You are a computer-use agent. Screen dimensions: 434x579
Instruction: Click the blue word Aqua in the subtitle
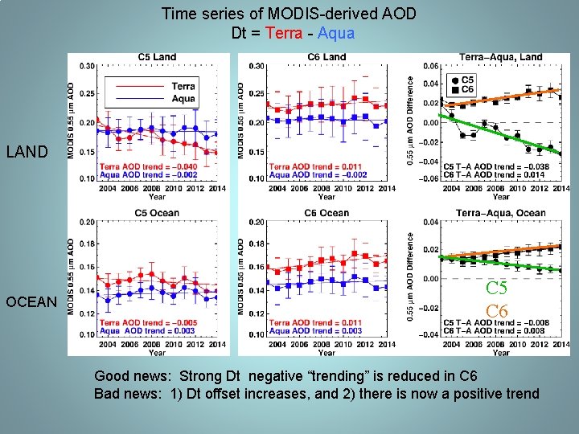point(336,34)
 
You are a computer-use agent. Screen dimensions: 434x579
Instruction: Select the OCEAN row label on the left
point(32,302)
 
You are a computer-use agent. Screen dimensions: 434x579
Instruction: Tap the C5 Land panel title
point(157,57)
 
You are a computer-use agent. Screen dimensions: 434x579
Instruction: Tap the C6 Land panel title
point(326,57)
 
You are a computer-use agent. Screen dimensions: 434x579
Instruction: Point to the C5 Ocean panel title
point(157,213)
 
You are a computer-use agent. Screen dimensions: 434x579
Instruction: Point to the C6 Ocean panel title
point(326,213)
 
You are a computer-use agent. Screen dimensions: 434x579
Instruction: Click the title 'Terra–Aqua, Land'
point(500,57)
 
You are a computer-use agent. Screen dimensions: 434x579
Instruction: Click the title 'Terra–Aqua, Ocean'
point(500,213)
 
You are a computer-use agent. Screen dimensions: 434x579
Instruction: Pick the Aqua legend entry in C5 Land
point(183,99)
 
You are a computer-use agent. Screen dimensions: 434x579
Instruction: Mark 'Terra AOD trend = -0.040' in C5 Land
point(147,166)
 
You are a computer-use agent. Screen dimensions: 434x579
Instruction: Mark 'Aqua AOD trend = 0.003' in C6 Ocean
point(317,330)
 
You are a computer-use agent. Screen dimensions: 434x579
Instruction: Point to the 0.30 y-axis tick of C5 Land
point(86,66)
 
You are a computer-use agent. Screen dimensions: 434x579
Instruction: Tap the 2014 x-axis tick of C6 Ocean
point(387,345)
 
